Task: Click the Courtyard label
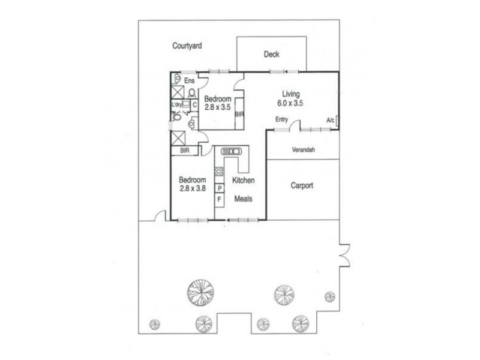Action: (187, 46)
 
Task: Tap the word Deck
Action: (272, 55)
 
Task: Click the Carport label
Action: (302, 185)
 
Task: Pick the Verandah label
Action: (304, 150)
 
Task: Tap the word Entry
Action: (282, 119)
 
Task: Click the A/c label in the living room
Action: (331, 120)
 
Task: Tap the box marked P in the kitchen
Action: (220, 188)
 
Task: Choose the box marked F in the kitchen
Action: (220, 199)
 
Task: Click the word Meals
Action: (243, 199)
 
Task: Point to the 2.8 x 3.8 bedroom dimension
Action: (193, 188)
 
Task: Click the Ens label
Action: (189, 80)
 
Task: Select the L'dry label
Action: (177, 104)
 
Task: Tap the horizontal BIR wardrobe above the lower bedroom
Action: (185, 151)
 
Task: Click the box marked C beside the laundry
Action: (194, 104)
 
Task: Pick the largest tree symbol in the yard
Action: (200, 292)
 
